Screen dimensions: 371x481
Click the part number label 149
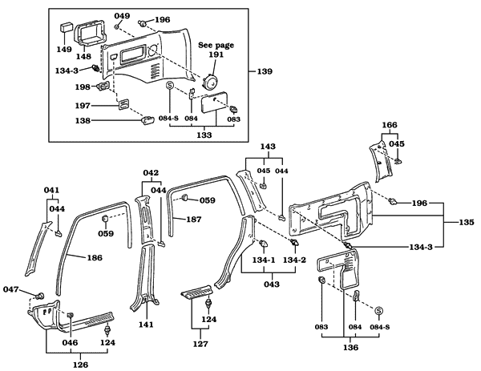[x=63, y=48]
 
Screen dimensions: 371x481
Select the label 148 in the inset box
[x=83, y=56]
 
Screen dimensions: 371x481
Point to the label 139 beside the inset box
[x=265, y=72]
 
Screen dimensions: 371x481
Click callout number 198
[x=83, y=87]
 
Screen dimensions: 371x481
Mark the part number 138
[x=83, y=121]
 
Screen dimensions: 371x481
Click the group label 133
[x=204, y=136]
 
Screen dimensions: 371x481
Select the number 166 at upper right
[x=389, y=125]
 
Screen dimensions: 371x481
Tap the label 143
[x=267, y=147]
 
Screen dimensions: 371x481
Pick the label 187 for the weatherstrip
[x=194, y=219]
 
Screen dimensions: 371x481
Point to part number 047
[x=11, y=289]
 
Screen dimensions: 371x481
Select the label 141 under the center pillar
[x=145, y=325]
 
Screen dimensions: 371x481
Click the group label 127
[x=201, y=344]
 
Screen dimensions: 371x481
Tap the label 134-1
[x=263, y=260]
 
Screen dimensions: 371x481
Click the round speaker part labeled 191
[x=212, y=82]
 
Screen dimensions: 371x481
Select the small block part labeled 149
[x=63, y=30]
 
